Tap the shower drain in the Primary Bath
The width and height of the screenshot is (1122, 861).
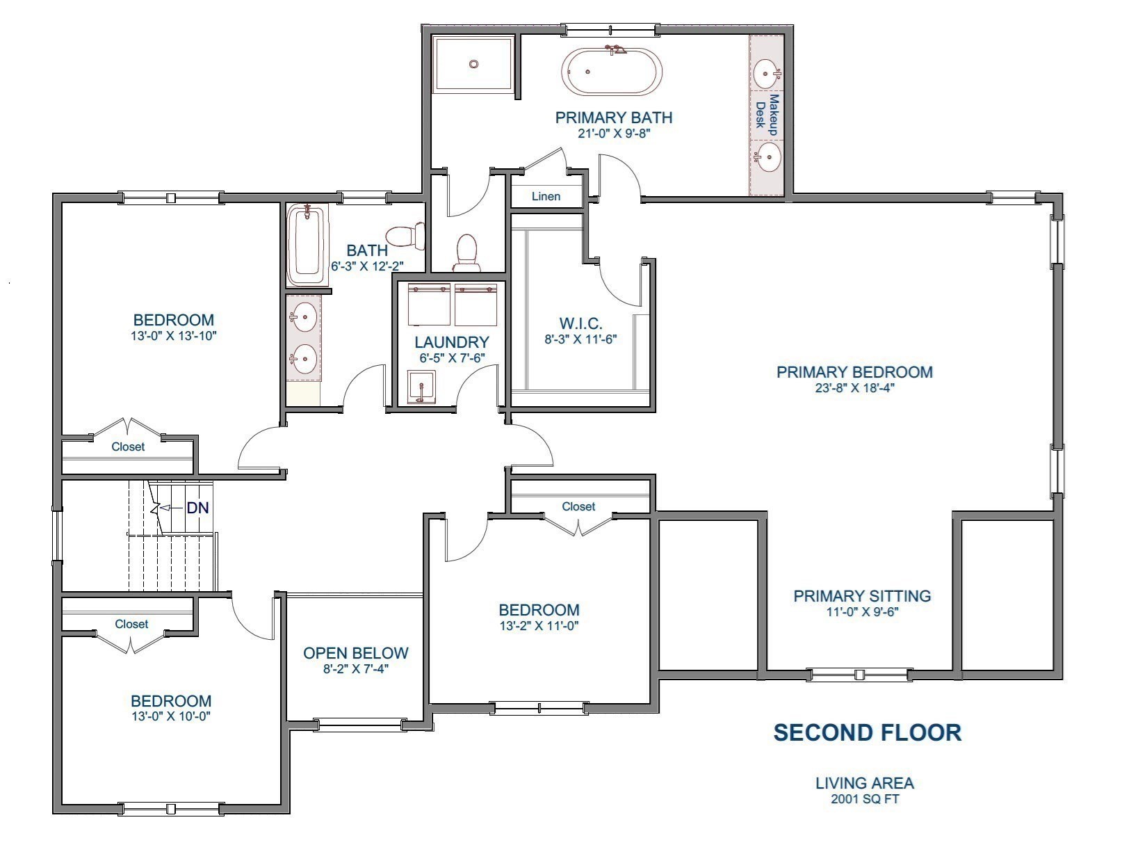click(x=473, y=64)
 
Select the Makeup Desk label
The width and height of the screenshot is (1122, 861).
click(x=767, y=115)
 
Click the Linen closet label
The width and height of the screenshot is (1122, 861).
click(x=546, y=196)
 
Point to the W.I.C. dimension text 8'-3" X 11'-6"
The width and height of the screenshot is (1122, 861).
click(x=580, y=339)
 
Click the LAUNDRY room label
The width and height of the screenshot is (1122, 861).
click(x=452, y=342)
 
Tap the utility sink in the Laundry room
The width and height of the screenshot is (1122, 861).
click(x=421, y=386)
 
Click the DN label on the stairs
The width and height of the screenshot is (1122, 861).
click(x=197, y=508)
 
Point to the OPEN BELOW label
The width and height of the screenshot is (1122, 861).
click(x=355, y=653)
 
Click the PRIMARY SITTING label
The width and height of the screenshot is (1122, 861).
click(x=862, y=596)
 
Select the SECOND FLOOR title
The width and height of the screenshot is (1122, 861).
click(x=868, y=732)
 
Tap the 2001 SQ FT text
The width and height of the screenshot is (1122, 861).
click(x=865, y=799)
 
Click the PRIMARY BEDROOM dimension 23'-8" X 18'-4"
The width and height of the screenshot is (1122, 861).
click(x=854, y=388)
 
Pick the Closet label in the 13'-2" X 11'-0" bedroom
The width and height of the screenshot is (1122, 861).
click(x=578, y=506)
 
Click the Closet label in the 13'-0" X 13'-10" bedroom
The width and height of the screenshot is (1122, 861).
click(x=128, y=446)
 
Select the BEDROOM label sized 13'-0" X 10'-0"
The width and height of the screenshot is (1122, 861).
click(x=171, y=701)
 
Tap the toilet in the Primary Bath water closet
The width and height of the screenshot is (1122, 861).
click(x=466, y=252)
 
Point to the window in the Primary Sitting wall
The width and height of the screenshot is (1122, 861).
click(x=861, y=674)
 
